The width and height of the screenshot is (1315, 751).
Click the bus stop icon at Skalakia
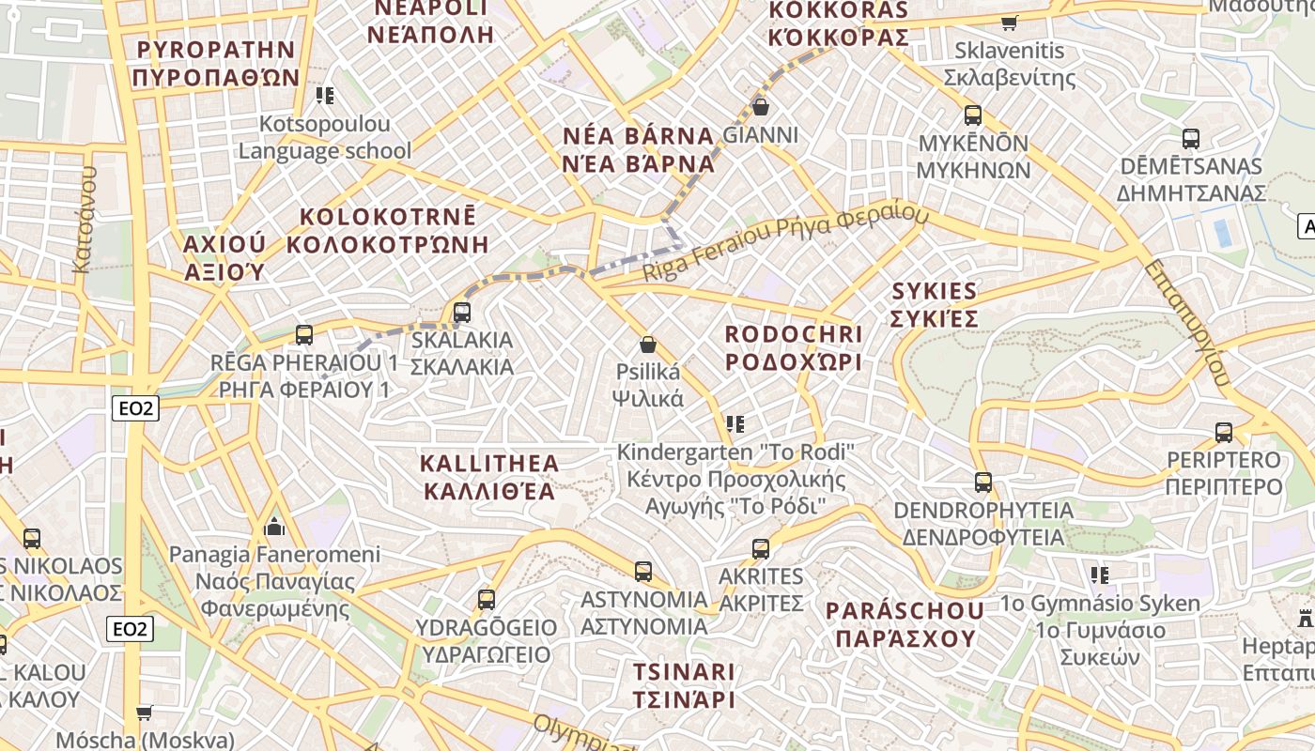tap(461, 313)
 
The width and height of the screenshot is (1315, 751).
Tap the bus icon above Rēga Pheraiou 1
tap(303, 335)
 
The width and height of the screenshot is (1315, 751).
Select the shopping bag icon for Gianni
tap(761, 107)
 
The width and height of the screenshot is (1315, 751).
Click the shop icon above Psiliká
tap(647, 345)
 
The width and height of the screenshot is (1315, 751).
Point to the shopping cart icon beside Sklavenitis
tap(1010, 23)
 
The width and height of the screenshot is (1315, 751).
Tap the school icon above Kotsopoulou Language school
tap(325, 95)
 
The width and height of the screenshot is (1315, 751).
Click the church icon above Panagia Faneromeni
tap(275, 526)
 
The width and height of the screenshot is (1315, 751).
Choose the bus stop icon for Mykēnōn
tap(973, 115)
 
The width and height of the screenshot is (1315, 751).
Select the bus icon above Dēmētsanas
tap(1191, 139)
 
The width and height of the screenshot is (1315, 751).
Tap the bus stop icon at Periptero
tap(1224, 433)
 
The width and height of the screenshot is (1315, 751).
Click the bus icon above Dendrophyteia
tap(983, 483)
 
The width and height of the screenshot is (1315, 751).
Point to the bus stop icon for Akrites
tap(761, 549)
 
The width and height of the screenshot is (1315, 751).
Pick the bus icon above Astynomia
tap(643, 571)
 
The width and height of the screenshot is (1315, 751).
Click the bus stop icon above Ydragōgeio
tap(487, 599)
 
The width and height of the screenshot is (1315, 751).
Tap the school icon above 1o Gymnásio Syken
tap(1100, 575)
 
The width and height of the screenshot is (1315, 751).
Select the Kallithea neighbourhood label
tap(488, 477)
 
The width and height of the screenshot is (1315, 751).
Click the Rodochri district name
tap(794, 348)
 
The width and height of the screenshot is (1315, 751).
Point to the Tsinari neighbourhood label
tap(683, 685)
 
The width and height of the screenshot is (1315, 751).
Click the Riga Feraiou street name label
tap(785, 243)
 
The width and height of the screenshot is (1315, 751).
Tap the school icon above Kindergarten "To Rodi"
tap(735, 424)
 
